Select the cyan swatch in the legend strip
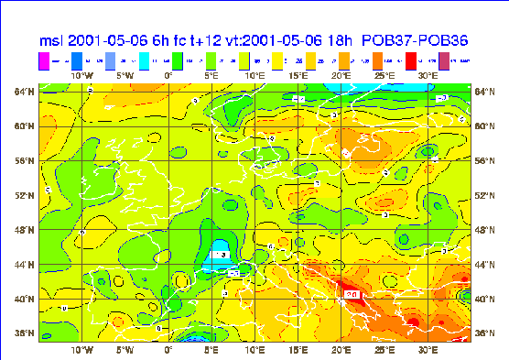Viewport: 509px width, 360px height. pyautogui.click(x=144, y=60)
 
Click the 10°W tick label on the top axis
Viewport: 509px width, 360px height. pyautogui.click(x=82, y=75)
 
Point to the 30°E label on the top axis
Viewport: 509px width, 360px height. pyautogui.click(x=428, y=75)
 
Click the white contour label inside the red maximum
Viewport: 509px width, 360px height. pyautogui.click(x=352, y=294)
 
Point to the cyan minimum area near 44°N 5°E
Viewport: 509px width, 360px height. pyautogui.click(x=219, y=259)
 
